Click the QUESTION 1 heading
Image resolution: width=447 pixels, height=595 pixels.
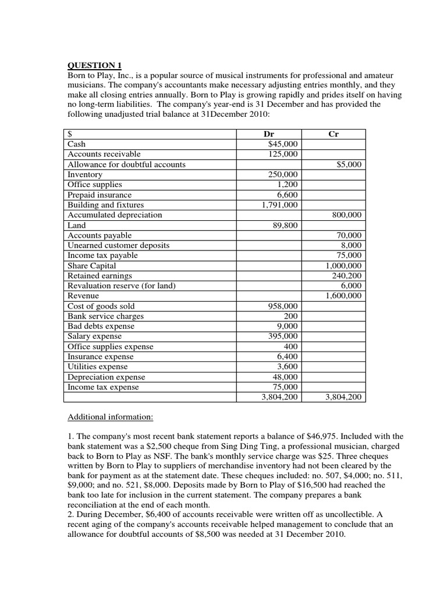click(94, 64)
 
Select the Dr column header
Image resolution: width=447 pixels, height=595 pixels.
click(269, 134)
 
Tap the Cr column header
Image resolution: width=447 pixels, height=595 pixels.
click(334, 134)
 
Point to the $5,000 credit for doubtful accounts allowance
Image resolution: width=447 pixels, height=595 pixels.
click(349, 164)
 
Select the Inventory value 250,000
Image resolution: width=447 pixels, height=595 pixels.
click(282, 174)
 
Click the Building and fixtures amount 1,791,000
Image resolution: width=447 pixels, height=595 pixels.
click(278, 205)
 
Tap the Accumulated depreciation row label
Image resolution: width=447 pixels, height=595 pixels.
click(115, 215)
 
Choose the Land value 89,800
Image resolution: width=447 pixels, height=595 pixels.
click(285, 225)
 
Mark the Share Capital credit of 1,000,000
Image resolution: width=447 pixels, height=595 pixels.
click(343, 266)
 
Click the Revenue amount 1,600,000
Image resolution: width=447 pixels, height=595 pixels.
click(343, 296)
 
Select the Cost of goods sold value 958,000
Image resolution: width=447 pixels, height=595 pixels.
click(282, 306)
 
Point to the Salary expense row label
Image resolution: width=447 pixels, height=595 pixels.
click(95, 336)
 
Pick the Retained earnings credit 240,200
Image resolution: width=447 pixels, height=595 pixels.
click(346, 275)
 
